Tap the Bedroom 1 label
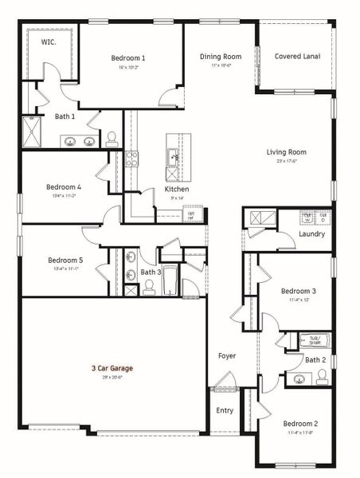click(127, 58)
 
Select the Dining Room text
click(221, 57)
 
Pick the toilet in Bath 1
click(112, 138)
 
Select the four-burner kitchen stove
click(132, 158)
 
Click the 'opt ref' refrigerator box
click(191, 214)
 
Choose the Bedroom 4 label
click(64, 188)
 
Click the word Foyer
click(227, 355)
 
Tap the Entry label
click(225, 410)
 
